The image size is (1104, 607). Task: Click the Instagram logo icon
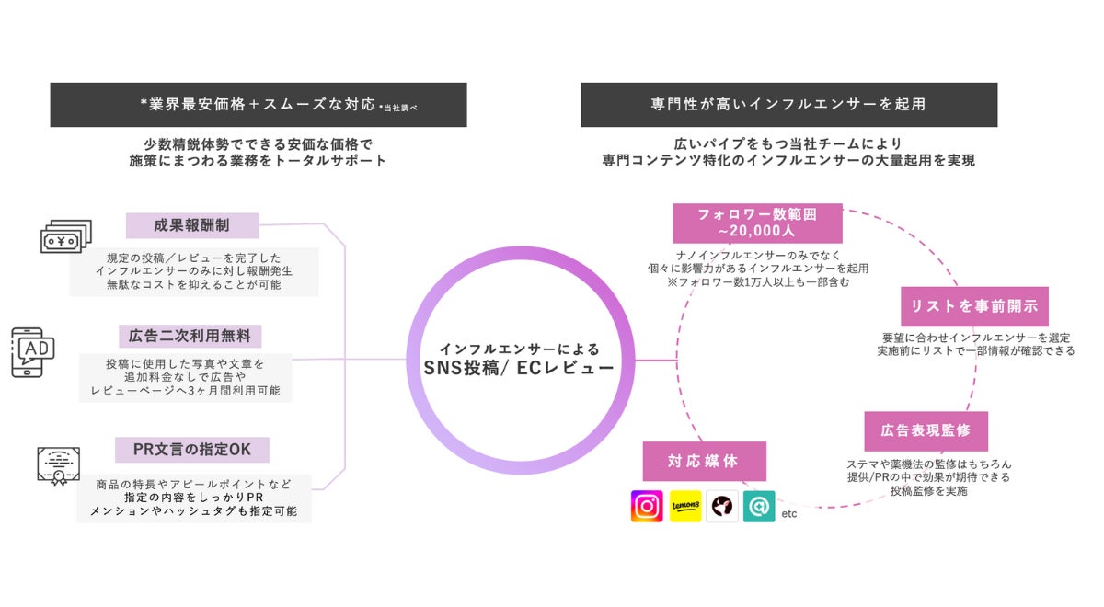point(647,506)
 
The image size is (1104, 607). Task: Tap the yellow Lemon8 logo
point(685,506)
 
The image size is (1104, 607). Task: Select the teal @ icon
point(759,506)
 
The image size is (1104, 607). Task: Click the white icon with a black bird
point(722,506)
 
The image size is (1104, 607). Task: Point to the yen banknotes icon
point(65,236)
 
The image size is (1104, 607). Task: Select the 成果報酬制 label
point(192,225)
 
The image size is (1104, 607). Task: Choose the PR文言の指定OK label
point(192,450)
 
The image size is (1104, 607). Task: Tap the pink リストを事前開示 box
point(974,306)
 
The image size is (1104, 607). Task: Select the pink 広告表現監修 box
point(926,430)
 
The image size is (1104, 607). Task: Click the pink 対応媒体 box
point(704,461)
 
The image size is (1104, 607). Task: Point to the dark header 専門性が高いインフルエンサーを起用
point(788,105)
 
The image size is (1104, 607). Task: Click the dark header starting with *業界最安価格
point(259,105)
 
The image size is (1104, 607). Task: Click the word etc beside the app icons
point(788,513)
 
